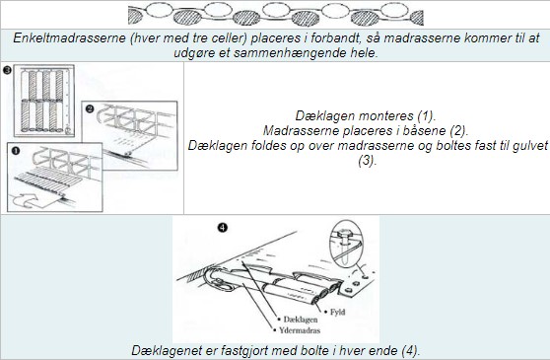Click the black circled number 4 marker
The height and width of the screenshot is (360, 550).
[x=223, y=228]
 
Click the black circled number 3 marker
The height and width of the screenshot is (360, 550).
[x=7, y=70]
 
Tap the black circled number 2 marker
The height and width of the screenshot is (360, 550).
[x=90, y=108]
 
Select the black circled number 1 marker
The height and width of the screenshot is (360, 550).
[x=16, y=151]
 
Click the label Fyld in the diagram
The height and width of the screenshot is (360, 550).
[x=337, y=312]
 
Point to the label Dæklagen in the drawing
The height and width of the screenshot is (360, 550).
[x=301, y=320]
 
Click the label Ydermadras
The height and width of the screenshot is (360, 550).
[x=300, y=330]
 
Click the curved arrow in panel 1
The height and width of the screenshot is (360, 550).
[x=26, y=200]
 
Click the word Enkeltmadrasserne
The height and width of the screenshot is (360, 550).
[x=69, y=37]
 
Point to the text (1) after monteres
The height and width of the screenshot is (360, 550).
[x=426, y=115]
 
